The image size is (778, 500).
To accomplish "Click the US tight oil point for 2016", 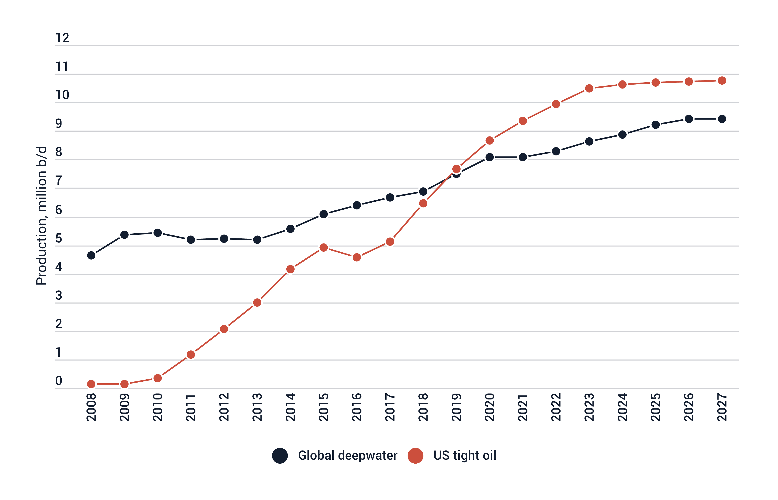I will click(x=357, y=257).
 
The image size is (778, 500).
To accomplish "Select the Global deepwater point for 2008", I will click(x=91, y=255).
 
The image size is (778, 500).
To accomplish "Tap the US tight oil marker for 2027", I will click(x=722, y=80).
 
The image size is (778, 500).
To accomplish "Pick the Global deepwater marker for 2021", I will click(x=523, y=157).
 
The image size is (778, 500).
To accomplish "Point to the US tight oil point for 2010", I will click(x=157, y=378).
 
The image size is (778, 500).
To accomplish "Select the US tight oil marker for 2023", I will click(x=589, y=88).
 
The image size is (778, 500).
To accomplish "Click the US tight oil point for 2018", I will click(x=423, y=203).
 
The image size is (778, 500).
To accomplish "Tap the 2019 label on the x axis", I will click(x=456, y=407).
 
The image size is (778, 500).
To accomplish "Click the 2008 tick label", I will click(x=91, y=407).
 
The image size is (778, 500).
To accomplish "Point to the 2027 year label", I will click(x=722, y=407).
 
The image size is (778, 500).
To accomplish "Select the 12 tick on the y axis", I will click(x=62, y=38).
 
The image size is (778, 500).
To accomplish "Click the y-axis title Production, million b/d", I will click(x=42, y=216).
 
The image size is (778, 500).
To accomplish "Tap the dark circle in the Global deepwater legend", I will click(x=280, y=456).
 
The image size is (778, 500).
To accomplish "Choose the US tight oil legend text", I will click(x=465, y=456).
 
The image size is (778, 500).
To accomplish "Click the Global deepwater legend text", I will click(x=348, y=456).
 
